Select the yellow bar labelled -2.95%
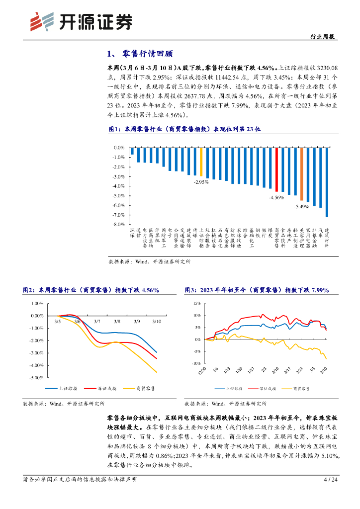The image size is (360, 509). [201, 162]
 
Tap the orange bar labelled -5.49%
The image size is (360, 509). [301, 173]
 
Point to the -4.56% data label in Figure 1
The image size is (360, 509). [276, 197]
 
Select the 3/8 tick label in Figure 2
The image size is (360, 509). [116, 322]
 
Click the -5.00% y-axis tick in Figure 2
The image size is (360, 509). [37, 378]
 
